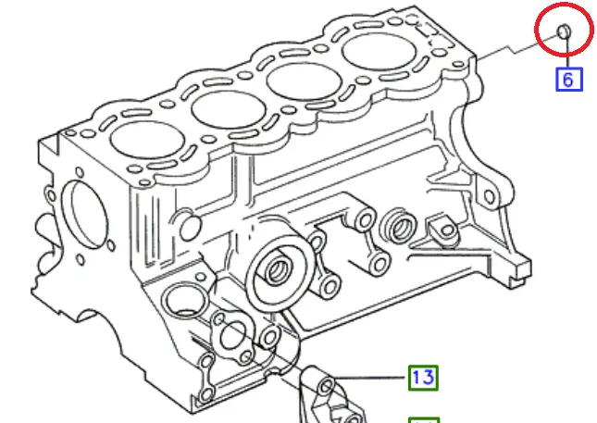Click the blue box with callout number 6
[x=569, y=80]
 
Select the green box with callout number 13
[x=423, y=378]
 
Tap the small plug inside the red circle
[x=564, y=31]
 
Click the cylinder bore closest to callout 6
[x=379, y=52]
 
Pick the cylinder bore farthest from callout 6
[x=147, y=140]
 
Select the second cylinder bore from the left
[x=229, y=109]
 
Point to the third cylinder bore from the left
[x=304, y=81]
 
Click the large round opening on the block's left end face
[x=84, y=215]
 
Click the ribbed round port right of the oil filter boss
[x=400, y=228]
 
